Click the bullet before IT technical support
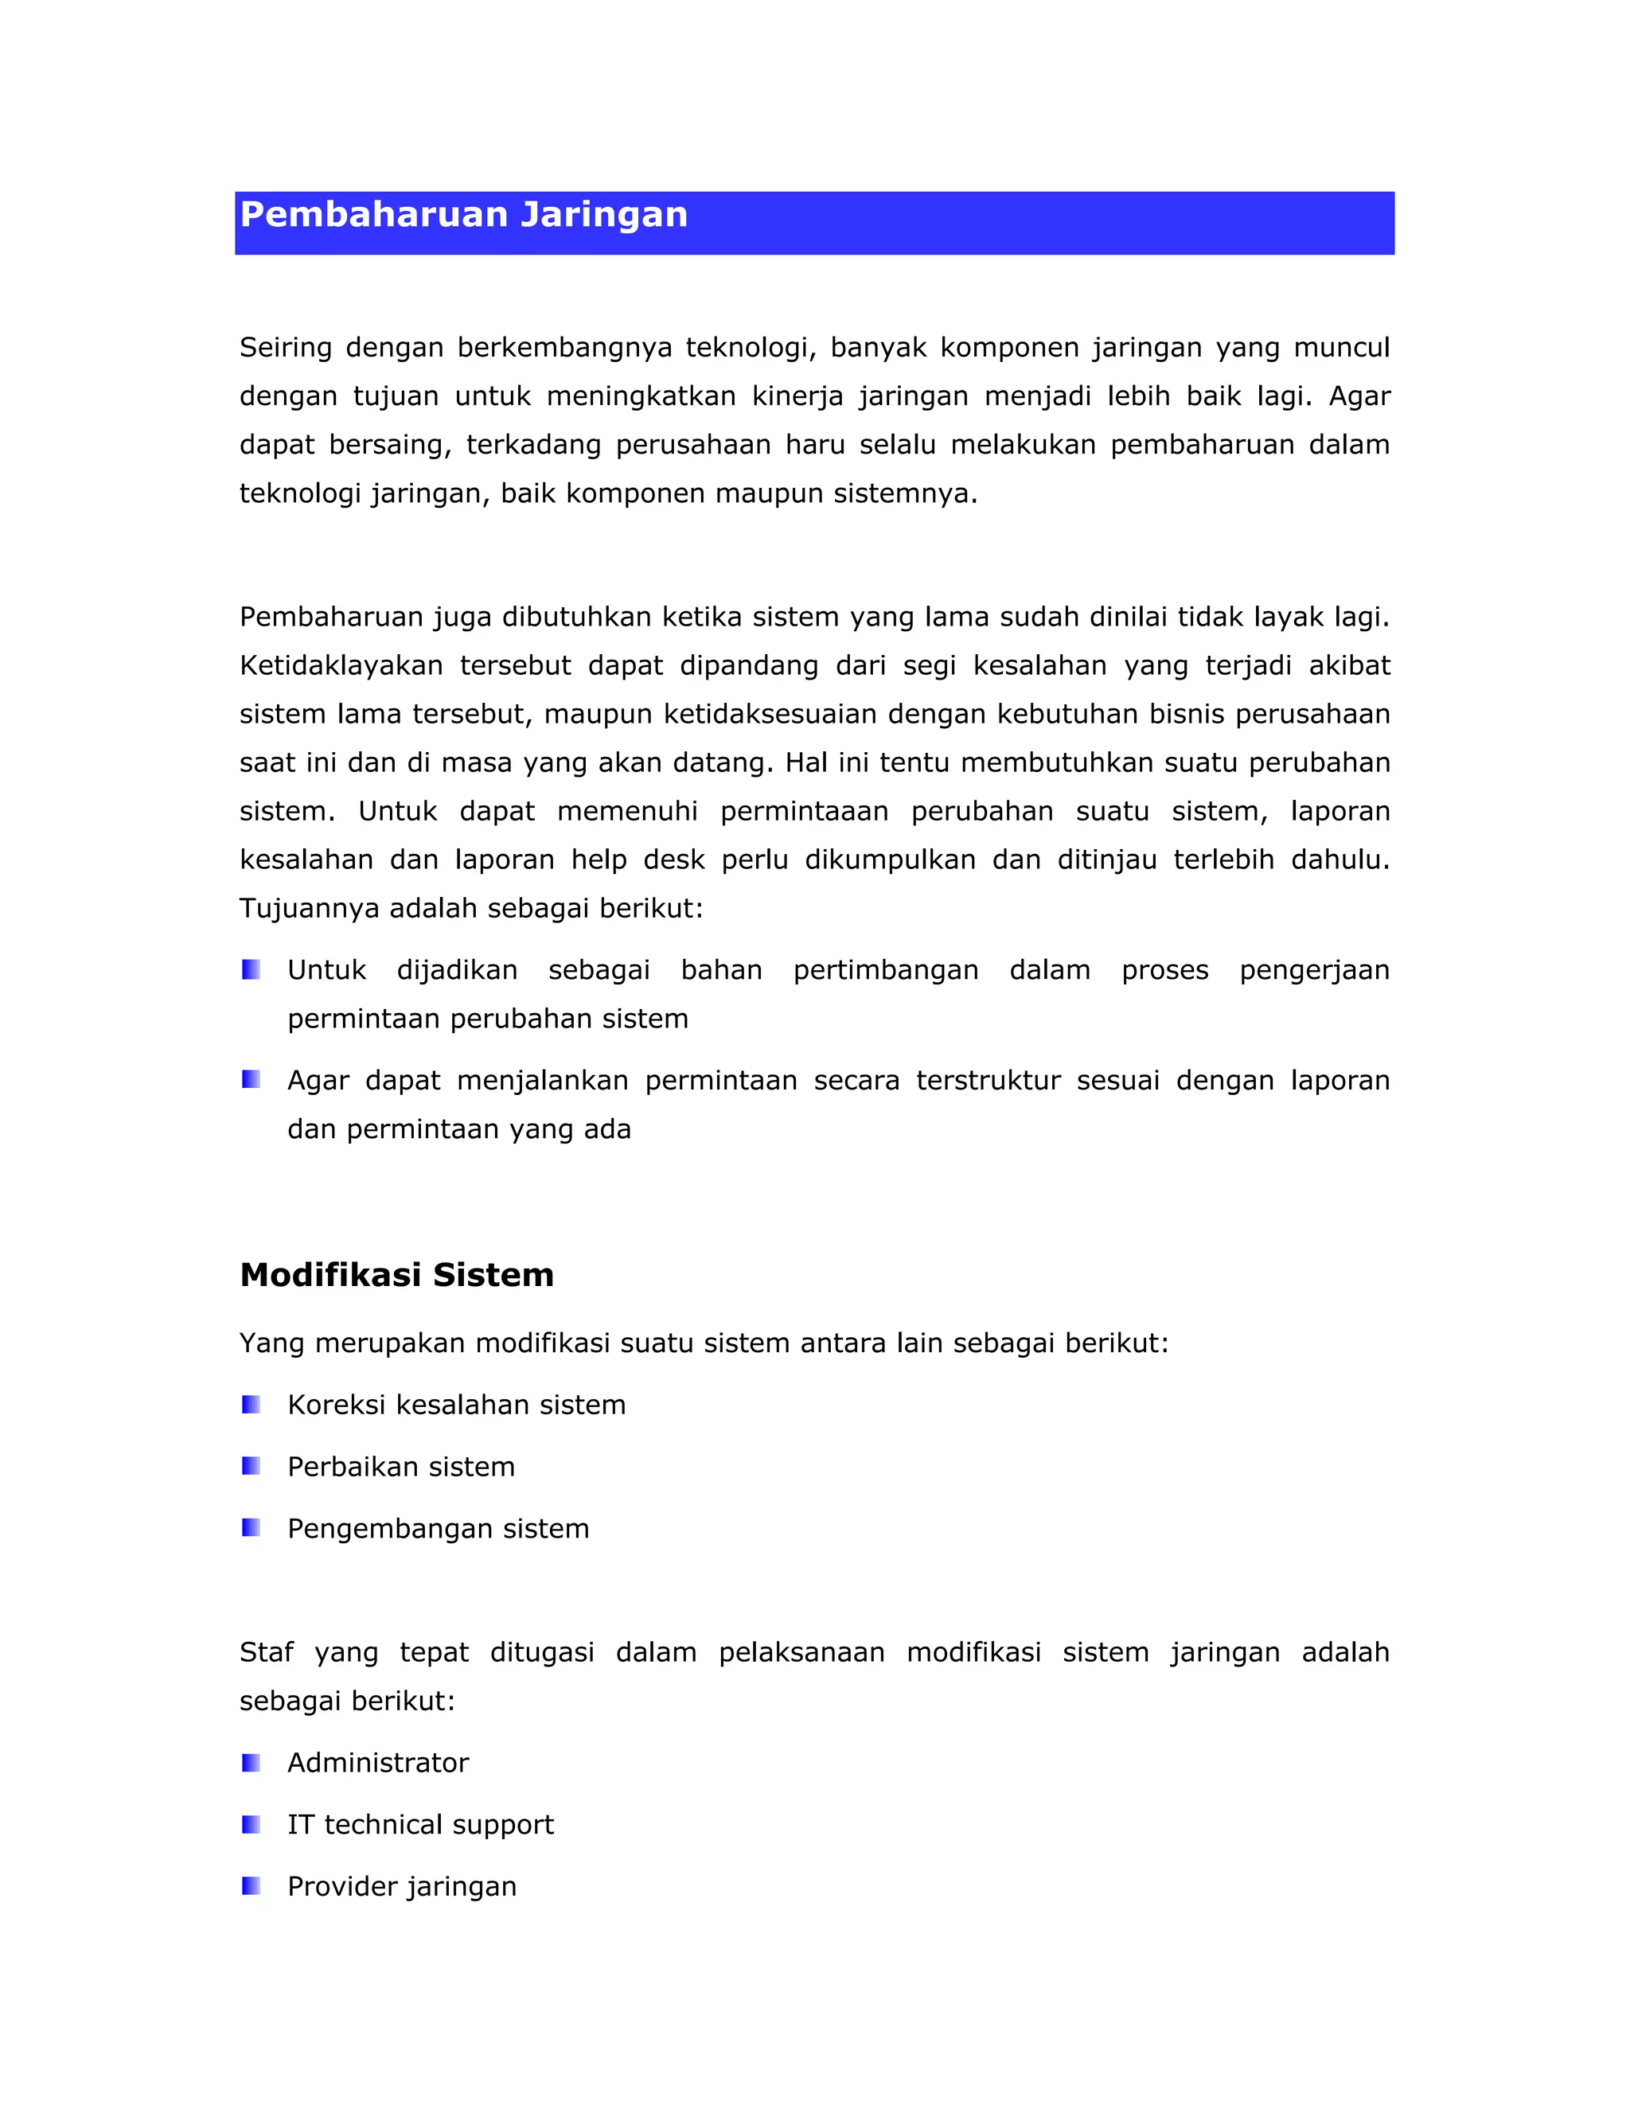click(x=251, y=1824)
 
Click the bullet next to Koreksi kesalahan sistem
click(x=251, y=1404)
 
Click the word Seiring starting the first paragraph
click(x=285, y=348)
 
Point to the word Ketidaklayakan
click(x=341, y=665)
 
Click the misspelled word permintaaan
click(x=803, y=811)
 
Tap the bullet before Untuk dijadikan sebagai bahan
click(x=251, y=969)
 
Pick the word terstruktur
click(x=988, y=1081)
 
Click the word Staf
click(x=266, y=1652)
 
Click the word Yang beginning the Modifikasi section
click(x=271, y=1343)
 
